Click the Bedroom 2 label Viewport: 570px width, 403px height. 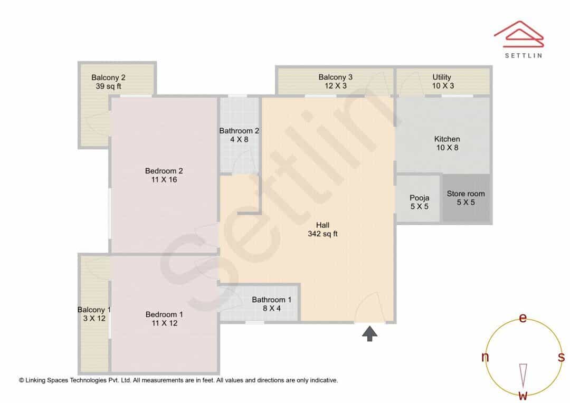164,175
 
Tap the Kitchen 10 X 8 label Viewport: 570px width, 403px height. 447,143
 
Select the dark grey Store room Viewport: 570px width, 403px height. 466,198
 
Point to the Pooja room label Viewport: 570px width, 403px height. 420,202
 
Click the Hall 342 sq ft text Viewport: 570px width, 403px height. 323,229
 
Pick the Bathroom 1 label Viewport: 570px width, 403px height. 272,304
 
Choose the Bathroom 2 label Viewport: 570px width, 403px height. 239,135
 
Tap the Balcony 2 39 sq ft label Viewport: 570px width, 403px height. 108,82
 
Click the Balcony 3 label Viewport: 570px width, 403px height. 336,81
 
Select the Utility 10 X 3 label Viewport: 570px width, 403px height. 443,81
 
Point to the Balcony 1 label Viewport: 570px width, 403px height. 94,314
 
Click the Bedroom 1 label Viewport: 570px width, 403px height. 164,319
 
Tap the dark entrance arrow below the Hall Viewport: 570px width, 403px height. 369,333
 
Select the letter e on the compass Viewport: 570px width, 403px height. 522,318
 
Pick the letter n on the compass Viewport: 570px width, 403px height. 485,357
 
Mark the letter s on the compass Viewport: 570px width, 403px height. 561,357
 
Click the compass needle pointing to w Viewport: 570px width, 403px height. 523,376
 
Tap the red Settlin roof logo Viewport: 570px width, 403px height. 519,34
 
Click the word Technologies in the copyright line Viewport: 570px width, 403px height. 89,380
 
